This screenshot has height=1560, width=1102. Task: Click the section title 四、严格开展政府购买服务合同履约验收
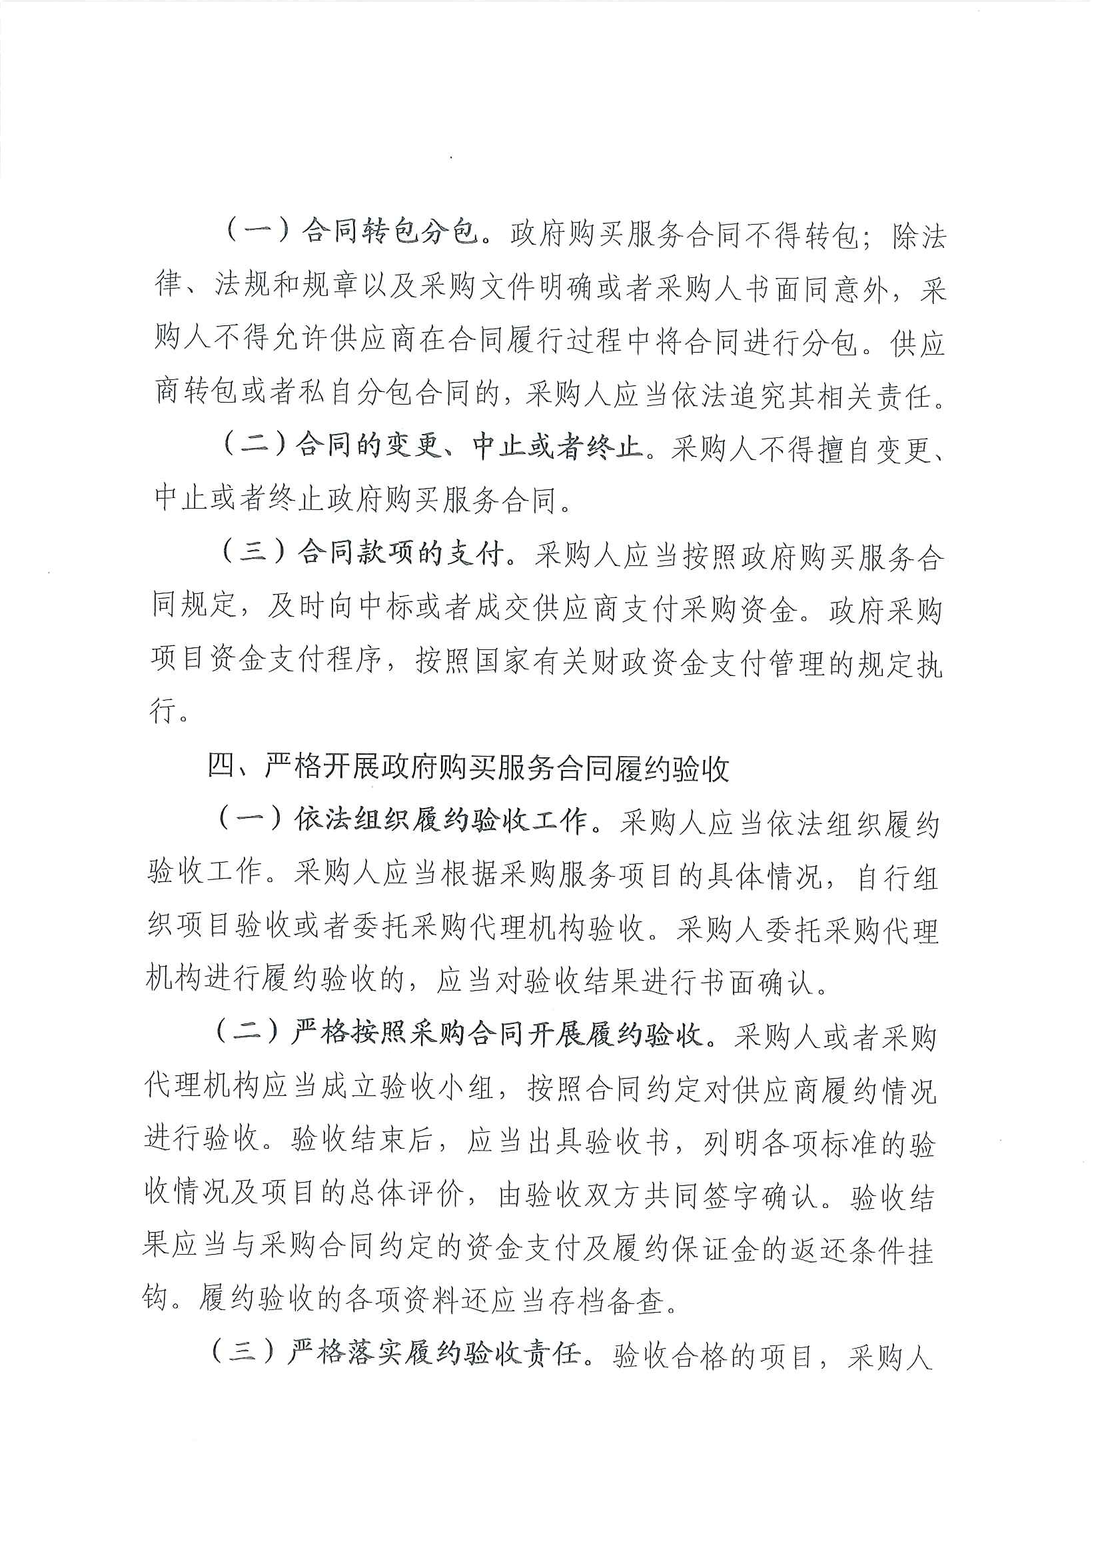point(468,769)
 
